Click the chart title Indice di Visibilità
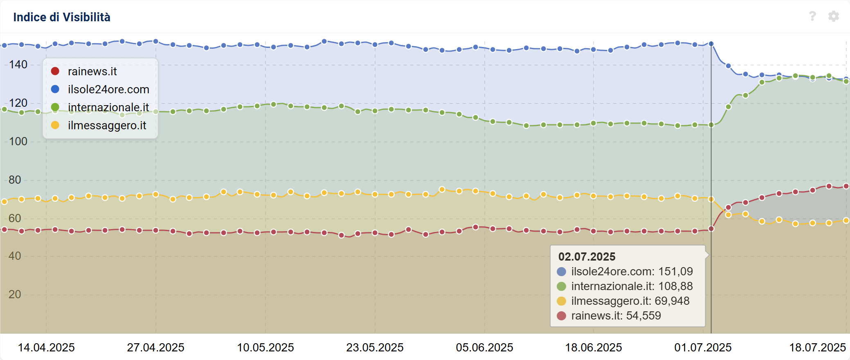pyautogui.click(x=62, y=17)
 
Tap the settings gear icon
pyautogui.click(x=833, y=16)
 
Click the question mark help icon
pyautogui.click(x=812, y=16)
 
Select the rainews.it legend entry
pyautogui.click(x=92, y=72)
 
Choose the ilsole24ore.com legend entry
pyautogui.click(x=108, y=90)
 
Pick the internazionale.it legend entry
pyautogui.click(x=108, y=107)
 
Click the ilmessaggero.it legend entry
pyautogui.click(x=107, y=126)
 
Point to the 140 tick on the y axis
pyautogui.click(x=18, y=65)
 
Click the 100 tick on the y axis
pyautogui.click(x=18, y=142)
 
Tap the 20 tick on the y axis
pyautogui.click(x=15, y=295)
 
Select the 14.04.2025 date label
pyautogui.click(x=46, y=348)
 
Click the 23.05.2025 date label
pyautogui.click(x=375, y=348)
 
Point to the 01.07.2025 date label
pyautogui.click(x=703, y=348)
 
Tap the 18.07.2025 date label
pyautogui.click(x=817, y=348)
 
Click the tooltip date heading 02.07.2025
pyautogui.click(x=587, y=257)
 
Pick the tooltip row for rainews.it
pyautogui.click(x=616, y=316)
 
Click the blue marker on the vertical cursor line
pyautogui.click(x=711, y=44)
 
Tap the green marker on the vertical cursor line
pyautogui.click(x=711, y=125)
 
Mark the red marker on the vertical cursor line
pyautogui.click(x=711, y=229)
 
